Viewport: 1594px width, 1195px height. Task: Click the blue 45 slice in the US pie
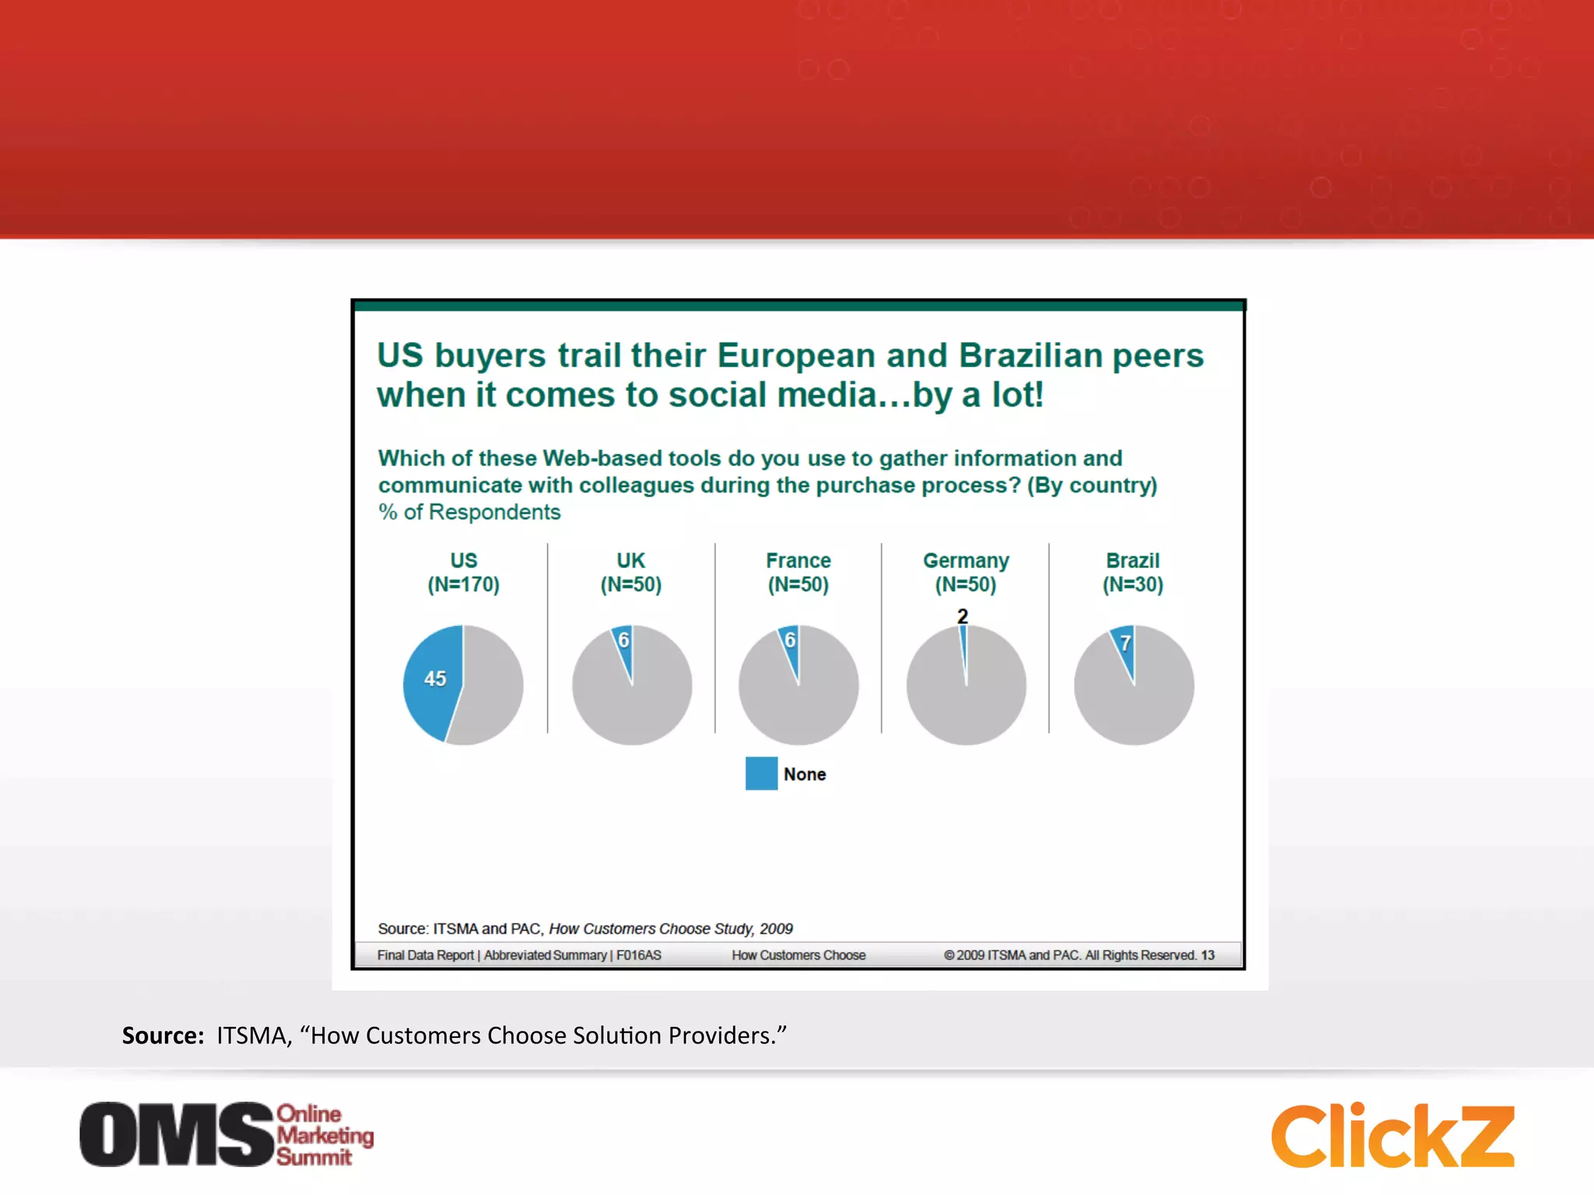click(x=432, y=681)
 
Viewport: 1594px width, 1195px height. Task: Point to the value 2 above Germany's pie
click(x=963, y=616)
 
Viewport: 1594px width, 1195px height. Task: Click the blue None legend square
click(x=761, y=773)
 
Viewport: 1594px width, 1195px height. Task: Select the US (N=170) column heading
click(x=463, y=573)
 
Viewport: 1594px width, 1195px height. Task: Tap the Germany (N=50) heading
click(x=966, y=573)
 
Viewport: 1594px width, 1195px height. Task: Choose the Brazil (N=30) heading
click(x=1132, y=573)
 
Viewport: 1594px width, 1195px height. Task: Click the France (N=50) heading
click(x=799, y=573)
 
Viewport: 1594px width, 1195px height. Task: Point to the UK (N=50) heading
click(x=630, y=573)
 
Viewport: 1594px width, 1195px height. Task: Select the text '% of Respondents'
click(x=469, y=512)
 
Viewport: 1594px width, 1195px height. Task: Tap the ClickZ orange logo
click(x=1392, y=1136)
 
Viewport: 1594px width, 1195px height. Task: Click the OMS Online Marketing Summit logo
click(x=226, y=1134)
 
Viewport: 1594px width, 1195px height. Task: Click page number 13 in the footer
click(x=1207, y=955)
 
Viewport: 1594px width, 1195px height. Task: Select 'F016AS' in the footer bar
click(x=639, y=955)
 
